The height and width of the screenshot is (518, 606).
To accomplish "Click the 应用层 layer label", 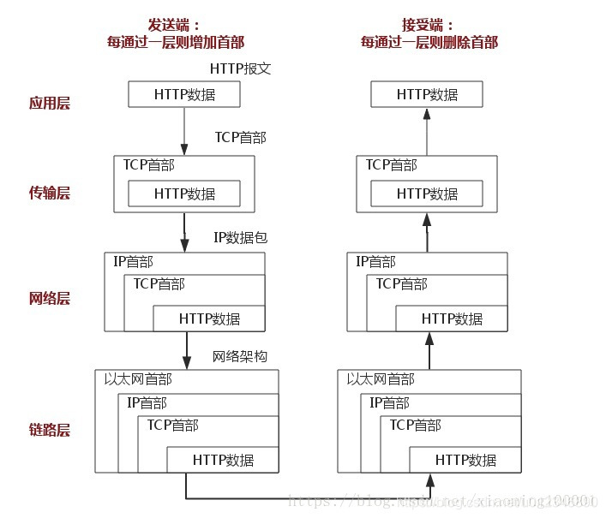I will coord(50,104).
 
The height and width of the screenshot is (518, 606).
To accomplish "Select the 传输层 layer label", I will coord(50,194).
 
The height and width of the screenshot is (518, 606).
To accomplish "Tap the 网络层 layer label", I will coord(50,299).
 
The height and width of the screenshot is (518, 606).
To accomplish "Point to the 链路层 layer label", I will coord(50,429).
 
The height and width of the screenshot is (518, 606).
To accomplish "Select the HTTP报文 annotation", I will coord(240,68).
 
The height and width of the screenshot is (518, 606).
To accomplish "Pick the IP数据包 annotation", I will coord(240,237).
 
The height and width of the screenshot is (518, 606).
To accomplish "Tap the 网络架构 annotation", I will coord(240,355).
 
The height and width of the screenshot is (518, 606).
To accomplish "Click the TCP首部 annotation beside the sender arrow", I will coord(240,136).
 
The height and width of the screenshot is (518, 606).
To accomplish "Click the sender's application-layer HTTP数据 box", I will coord(184,94).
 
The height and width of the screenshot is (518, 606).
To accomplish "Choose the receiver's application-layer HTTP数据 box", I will coord(427,94).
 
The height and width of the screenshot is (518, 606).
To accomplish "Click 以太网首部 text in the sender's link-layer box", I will coord(138,378).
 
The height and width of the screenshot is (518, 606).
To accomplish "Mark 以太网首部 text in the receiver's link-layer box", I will coord(380,378).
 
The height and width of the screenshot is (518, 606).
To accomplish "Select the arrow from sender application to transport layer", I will coord(184,129).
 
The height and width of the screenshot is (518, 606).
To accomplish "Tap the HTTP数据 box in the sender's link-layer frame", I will coord(223,460).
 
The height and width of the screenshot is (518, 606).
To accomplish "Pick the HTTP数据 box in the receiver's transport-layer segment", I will coord(427,194).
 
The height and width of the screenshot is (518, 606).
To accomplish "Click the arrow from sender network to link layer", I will coord(186,349).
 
